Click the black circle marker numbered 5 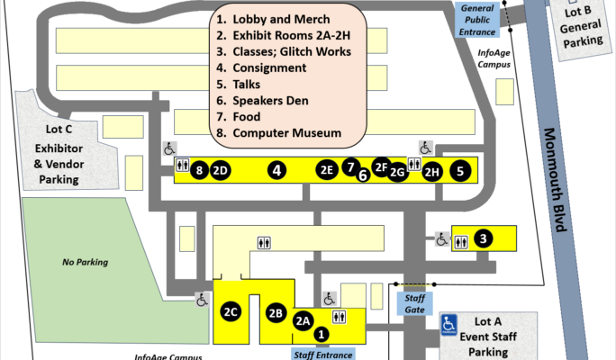[460, 171]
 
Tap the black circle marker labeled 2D [221, 170]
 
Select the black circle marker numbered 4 [277, 170]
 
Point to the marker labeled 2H [432, 172]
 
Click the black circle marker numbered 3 [484, 238]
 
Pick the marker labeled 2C [231, 311]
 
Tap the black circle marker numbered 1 [322, 335]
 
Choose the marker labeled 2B [276, 313]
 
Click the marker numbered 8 [199, 170]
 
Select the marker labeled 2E [327, 169]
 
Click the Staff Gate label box [414, 303]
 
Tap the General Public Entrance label [477, 20]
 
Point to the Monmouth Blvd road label [556, 180]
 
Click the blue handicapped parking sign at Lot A [448, 325]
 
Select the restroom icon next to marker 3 [461, 242]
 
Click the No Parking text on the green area [85, 262]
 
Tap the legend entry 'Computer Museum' [286, 132]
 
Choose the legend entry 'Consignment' [269, 67]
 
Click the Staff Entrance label [323, 354]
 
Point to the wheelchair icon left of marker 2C [203, 300]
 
